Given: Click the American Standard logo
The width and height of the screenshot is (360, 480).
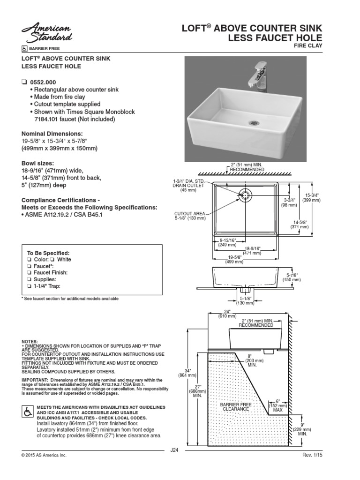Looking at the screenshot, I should coord(45,32).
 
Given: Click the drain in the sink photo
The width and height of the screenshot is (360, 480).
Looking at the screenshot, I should coord(254,123).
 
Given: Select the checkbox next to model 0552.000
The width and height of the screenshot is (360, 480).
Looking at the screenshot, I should coord(25,82).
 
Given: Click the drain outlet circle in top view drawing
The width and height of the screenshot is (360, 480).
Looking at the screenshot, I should coord(246,193).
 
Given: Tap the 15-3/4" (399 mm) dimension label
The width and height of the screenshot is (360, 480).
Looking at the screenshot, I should coord(312,197).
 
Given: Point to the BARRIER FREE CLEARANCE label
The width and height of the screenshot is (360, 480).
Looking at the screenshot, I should coord(234,406).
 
